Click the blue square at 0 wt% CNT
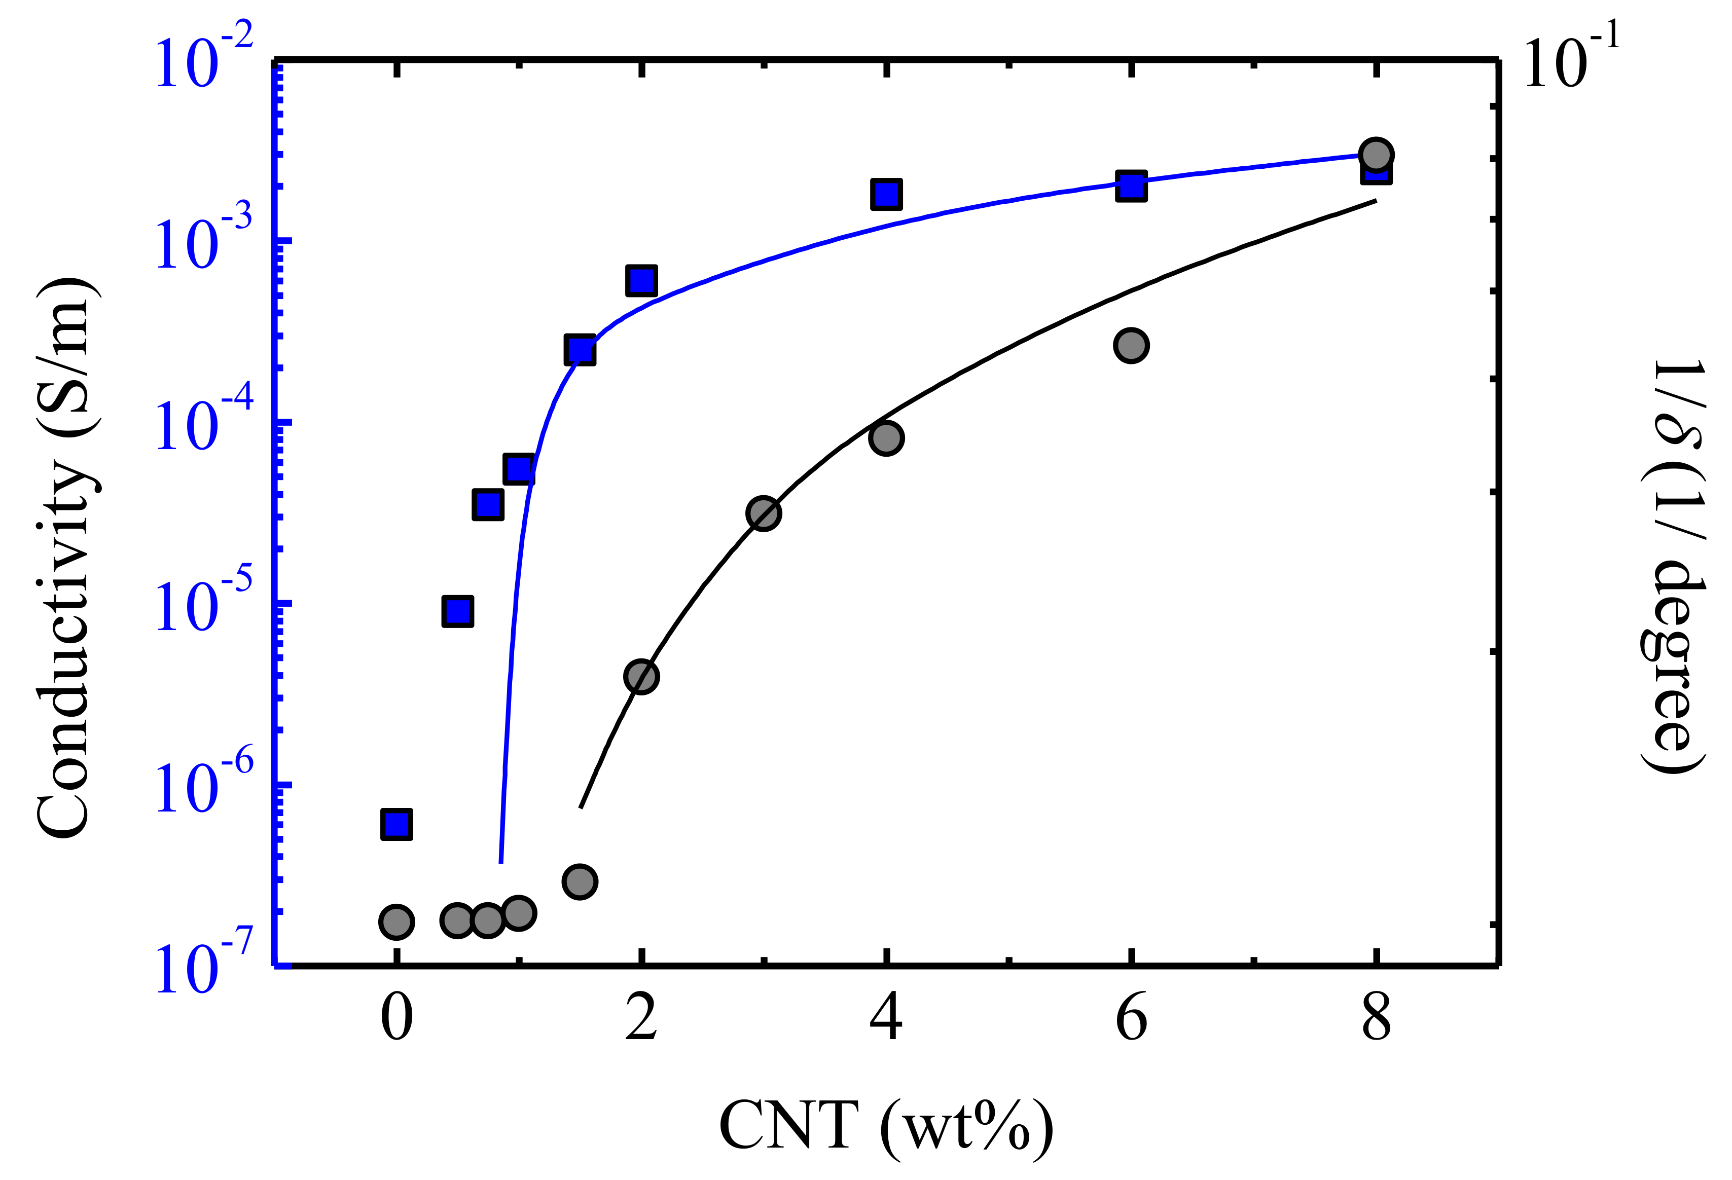[x=396, y=824]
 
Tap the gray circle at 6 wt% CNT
[x=1131, y=346]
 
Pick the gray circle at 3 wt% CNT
[x=763, y=513]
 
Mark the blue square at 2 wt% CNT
[x=642, y=280]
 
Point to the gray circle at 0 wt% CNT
[x=396, y=922]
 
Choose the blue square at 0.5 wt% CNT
[x=458, y=611]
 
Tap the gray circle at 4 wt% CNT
[x=886, y=438]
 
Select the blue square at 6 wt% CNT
[x=1131, y=186]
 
